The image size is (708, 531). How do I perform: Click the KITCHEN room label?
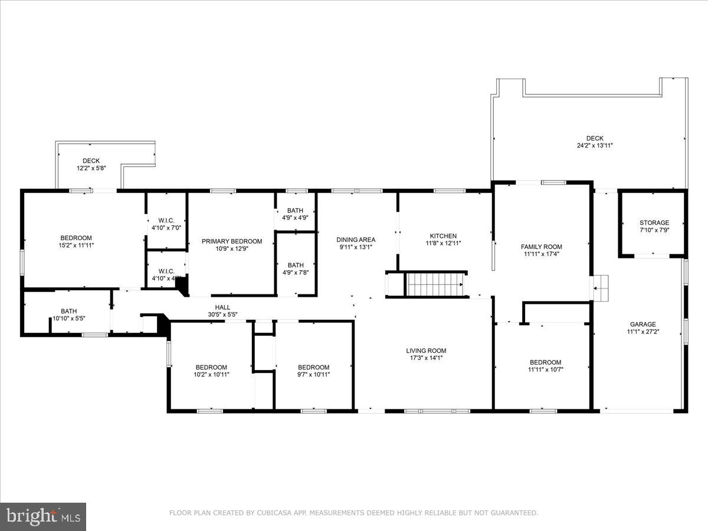tap(443, 236)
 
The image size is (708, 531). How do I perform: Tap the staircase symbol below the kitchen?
tap(435, 284)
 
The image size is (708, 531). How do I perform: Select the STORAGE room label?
tap(654, 223)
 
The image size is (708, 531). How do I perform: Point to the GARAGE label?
tap(643, 324)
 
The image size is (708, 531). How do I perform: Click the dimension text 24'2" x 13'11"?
tap(595, 146)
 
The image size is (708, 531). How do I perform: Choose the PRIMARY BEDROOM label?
tap(231, 241)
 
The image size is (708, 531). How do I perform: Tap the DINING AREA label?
tap(356, 240)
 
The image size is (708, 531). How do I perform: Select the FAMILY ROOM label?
tap(541, 247)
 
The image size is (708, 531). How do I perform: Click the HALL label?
tap(222, 307)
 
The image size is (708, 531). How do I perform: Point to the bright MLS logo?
tap(43, 517)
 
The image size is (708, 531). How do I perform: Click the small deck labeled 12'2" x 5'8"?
tap(91, 165)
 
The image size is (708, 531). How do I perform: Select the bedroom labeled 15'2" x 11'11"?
tap(76, 242)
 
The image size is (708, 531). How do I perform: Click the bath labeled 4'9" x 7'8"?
tap(296, 269)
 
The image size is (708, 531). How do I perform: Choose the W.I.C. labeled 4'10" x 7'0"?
tap(166, 223)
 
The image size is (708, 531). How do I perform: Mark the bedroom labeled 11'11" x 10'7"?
tap(545, 366)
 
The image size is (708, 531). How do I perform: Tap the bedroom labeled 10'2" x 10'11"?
tap(211, 371)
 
